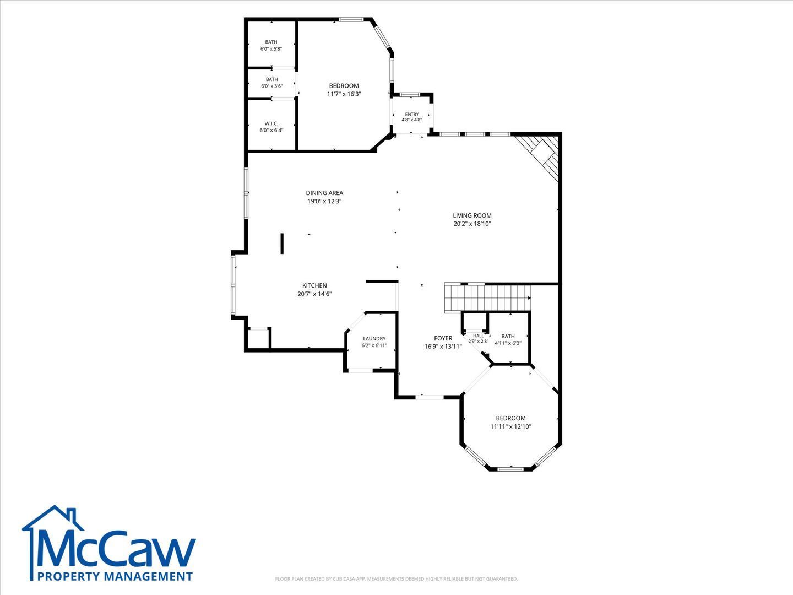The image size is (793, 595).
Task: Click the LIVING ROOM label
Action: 472,215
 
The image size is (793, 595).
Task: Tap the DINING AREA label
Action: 324,193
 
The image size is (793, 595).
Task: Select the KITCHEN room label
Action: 314,285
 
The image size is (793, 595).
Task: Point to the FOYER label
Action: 443,338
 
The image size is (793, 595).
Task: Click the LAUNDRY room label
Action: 374,338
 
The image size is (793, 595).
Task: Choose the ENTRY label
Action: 412,114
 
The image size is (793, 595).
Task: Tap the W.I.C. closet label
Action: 271,123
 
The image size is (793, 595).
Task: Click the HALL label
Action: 479,336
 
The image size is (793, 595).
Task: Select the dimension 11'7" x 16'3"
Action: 344,94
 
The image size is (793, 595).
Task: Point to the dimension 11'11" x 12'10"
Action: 510,426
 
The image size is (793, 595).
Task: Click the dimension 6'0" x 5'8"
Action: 271,48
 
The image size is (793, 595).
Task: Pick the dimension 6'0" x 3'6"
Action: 271,86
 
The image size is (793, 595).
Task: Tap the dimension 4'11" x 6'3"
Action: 508,343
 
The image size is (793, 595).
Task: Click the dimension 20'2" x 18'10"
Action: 472,224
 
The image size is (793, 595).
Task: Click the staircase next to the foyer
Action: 487,298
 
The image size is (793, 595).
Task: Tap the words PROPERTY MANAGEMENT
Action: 115,576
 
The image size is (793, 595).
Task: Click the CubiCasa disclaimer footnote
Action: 397,578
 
